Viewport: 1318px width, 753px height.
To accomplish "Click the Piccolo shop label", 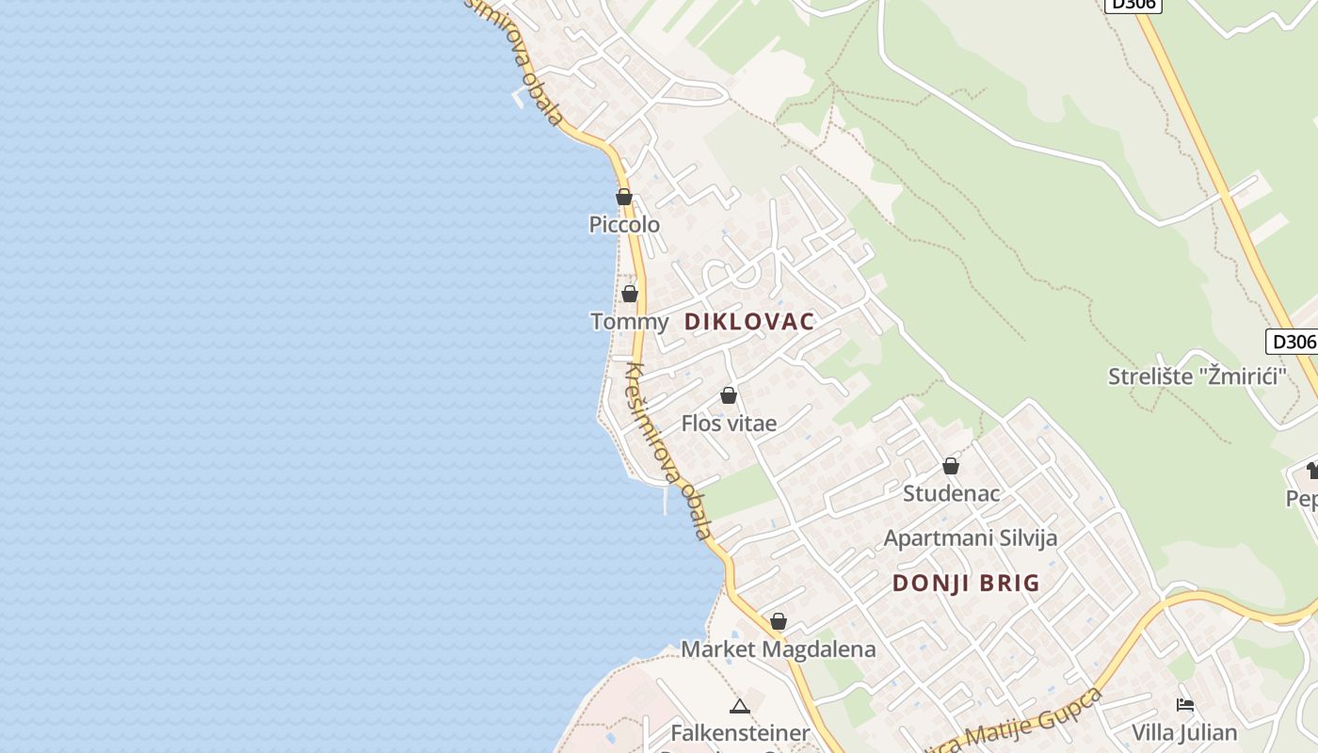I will [624, 225].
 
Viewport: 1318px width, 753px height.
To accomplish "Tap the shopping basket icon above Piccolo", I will [623, 197].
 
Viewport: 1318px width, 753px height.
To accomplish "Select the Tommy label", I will [629, 322].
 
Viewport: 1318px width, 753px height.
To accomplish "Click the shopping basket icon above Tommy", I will [630, 294].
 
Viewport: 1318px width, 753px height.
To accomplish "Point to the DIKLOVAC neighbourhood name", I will [749, 322].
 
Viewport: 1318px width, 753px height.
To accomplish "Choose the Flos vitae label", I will [729, 424].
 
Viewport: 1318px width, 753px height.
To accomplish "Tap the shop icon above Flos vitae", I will [729, 395].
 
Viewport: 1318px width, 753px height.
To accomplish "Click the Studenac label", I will [951, 493].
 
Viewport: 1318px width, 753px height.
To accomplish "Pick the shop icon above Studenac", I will [951, 466].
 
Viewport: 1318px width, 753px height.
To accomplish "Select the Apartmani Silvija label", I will [970, 537].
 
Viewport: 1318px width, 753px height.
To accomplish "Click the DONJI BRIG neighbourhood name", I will [966, 584].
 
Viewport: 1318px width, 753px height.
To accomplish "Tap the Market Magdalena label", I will [778, 649].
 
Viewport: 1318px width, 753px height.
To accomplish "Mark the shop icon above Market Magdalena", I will [779, 621].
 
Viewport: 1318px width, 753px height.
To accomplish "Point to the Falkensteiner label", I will [740, 732].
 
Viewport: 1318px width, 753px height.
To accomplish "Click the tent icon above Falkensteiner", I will [740, 706].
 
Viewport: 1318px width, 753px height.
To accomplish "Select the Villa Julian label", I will [1184, 732].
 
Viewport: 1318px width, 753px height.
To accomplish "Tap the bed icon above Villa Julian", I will [1185, 704].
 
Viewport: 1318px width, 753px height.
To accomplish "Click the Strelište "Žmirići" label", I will [1197, 377].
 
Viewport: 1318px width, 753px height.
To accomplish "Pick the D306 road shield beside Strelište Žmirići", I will [1290, 342].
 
